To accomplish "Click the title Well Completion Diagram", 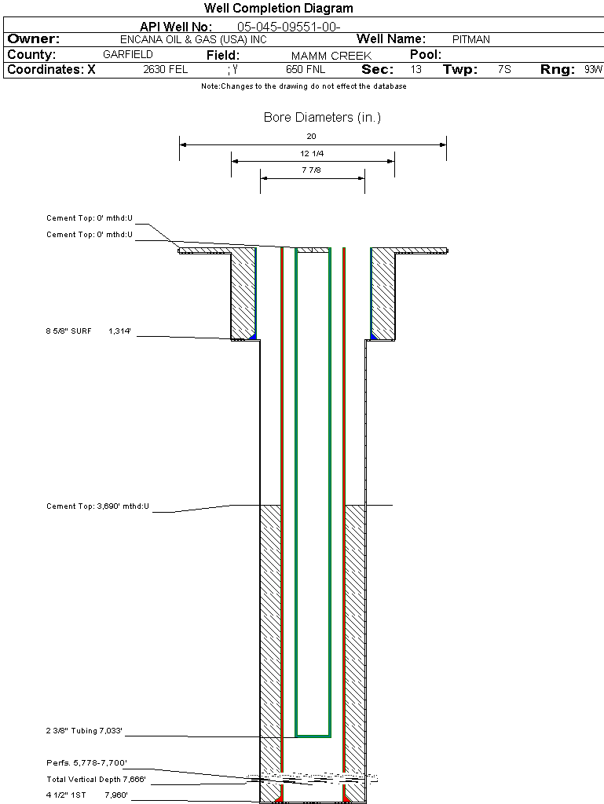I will tap(278, 9).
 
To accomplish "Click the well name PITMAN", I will tap(471, 39).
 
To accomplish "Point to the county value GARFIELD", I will tap(128, 55).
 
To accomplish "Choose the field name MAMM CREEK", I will tap(331, 56).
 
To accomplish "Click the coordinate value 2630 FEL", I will tap(166, 70).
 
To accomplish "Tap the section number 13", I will tap(415, 70).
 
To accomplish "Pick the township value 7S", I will tap(504, 70).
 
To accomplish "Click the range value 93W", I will tap(593, 70).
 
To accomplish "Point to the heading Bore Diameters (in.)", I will tap(322, 118).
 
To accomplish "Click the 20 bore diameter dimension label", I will tap(312, 137).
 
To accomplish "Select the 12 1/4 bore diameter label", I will tap(312, 153).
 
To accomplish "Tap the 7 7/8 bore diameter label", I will tap(312, 170).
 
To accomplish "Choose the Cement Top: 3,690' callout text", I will tap(97, 506).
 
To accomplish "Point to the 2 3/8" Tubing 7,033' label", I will tap(85, 732).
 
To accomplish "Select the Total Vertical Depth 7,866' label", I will tap(97, 779).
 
